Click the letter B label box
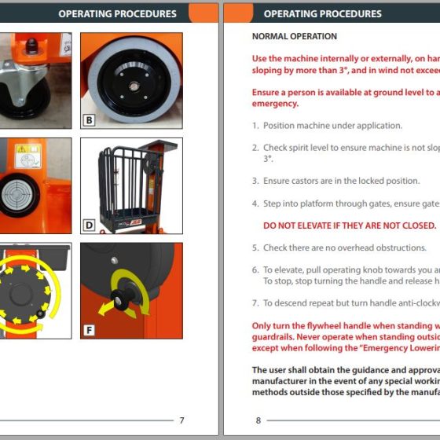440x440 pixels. (89, 121)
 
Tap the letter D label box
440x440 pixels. (89, 225)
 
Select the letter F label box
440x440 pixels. (89, 330)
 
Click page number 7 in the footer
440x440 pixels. (182, 420)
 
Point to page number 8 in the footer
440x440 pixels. (258, 420)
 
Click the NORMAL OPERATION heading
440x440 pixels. (294, 36)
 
